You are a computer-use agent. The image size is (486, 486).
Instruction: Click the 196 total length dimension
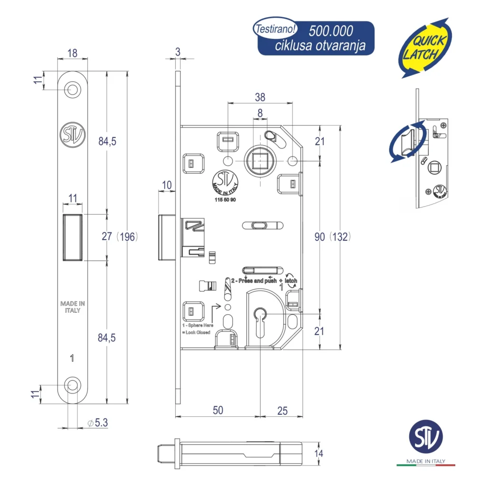tap(128, 236)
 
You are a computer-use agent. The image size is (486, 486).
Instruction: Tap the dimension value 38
tap(260, 97)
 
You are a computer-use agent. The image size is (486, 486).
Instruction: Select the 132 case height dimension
tap(341, 236)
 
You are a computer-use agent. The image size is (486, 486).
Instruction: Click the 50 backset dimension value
tap(217, 411)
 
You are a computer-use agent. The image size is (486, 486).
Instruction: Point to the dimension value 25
tap(282, 411)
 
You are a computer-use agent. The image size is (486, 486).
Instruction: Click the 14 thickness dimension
tap(318, 454)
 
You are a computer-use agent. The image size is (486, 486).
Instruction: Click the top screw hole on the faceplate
tap(72, 89)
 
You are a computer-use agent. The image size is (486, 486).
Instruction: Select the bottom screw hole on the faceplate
tap(72, 385)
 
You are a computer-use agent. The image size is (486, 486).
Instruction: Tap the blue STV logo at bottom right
tap(426, 438)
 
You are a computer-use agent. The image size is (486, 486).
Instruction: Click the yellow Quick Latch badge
tap(424, 47)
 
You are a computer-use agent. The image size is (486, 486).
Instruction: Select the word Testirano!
tap(276, 28)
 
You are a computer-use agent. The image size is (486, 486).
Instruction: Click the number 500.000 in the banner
tap(331, 31)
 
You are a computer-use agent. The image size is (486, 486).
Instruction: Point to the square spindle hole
tap(260, 161)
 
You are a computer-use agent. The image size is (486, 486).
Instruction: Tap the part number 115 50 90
tap(225, 200)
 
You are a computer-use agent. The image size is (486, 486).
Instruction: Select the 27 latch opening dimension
tap(107, 236)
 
